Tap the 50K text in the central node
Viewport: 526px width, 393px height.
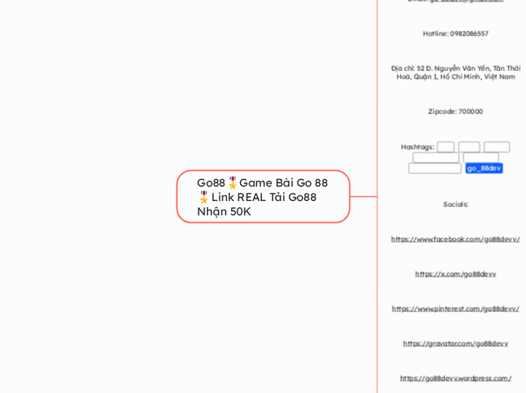pos(240,212)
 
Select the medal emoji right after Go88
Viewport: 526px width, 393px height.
pos(232,183)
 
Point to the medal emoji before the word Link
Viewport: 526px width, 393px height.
pos(203,197)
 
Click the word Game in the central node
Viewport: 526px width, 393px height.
pos(256,183)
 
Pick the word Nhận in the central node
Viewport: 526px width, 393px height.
pos(211,212)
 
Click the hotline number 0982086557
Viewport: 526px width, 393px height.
pos(469,34)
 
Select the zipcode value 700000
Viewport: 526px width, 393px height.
pos(470,112)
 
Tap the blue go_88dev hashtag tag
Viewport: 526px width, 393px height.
pos(484,168)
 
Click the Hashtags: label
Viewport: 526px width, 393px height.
pos(417,147)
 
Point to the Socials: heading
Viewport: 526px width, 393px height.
pos(456,205)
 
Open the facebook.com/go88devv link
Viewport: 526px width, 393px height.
pos(456,240)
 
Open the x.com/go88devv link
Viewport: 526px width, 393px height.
pos(456,274)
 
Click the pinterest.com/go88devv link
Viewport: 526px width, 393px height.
pos(456,309)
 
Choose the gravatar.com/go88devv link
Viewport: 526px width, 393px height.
pos(456,344)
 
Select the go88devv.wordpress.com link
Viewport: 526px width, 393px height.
pos(456,379)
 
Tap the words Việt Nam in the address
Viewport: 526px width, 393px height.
pos(499,77)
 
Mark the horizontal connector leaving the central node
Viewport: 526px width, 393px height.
pos(363,196)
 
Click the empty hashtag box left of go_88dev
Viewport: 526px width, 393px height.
pos(435,169)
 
